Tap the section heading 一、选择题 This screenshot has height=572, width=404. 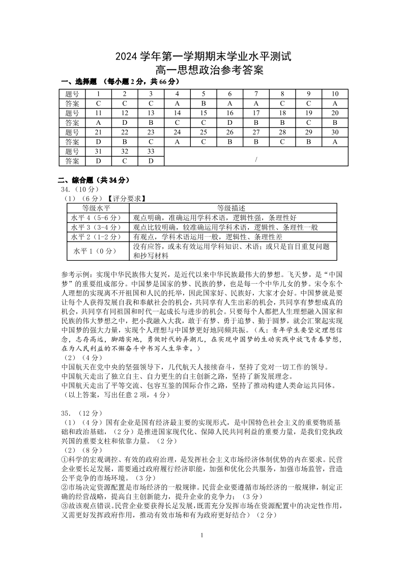(76, 82)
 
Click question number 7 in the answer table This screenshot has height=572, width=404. (256, 94)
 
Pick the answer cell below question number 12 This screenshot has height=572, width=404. (125, 122)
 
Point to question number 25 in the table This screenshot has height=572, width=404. (204, 132)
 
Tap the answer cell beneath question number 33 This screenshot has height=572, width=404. (151, 161)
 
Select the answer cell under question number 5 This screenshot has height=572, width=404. (204, 103)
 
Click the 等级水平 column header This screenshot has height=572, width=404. (97, 208)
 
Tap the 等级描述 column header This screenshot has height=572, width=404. (232, 208)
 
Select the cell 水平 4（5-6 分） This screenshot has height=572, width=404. (97, 217)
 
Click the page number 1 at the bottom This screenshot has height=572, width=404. (202, 535)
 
